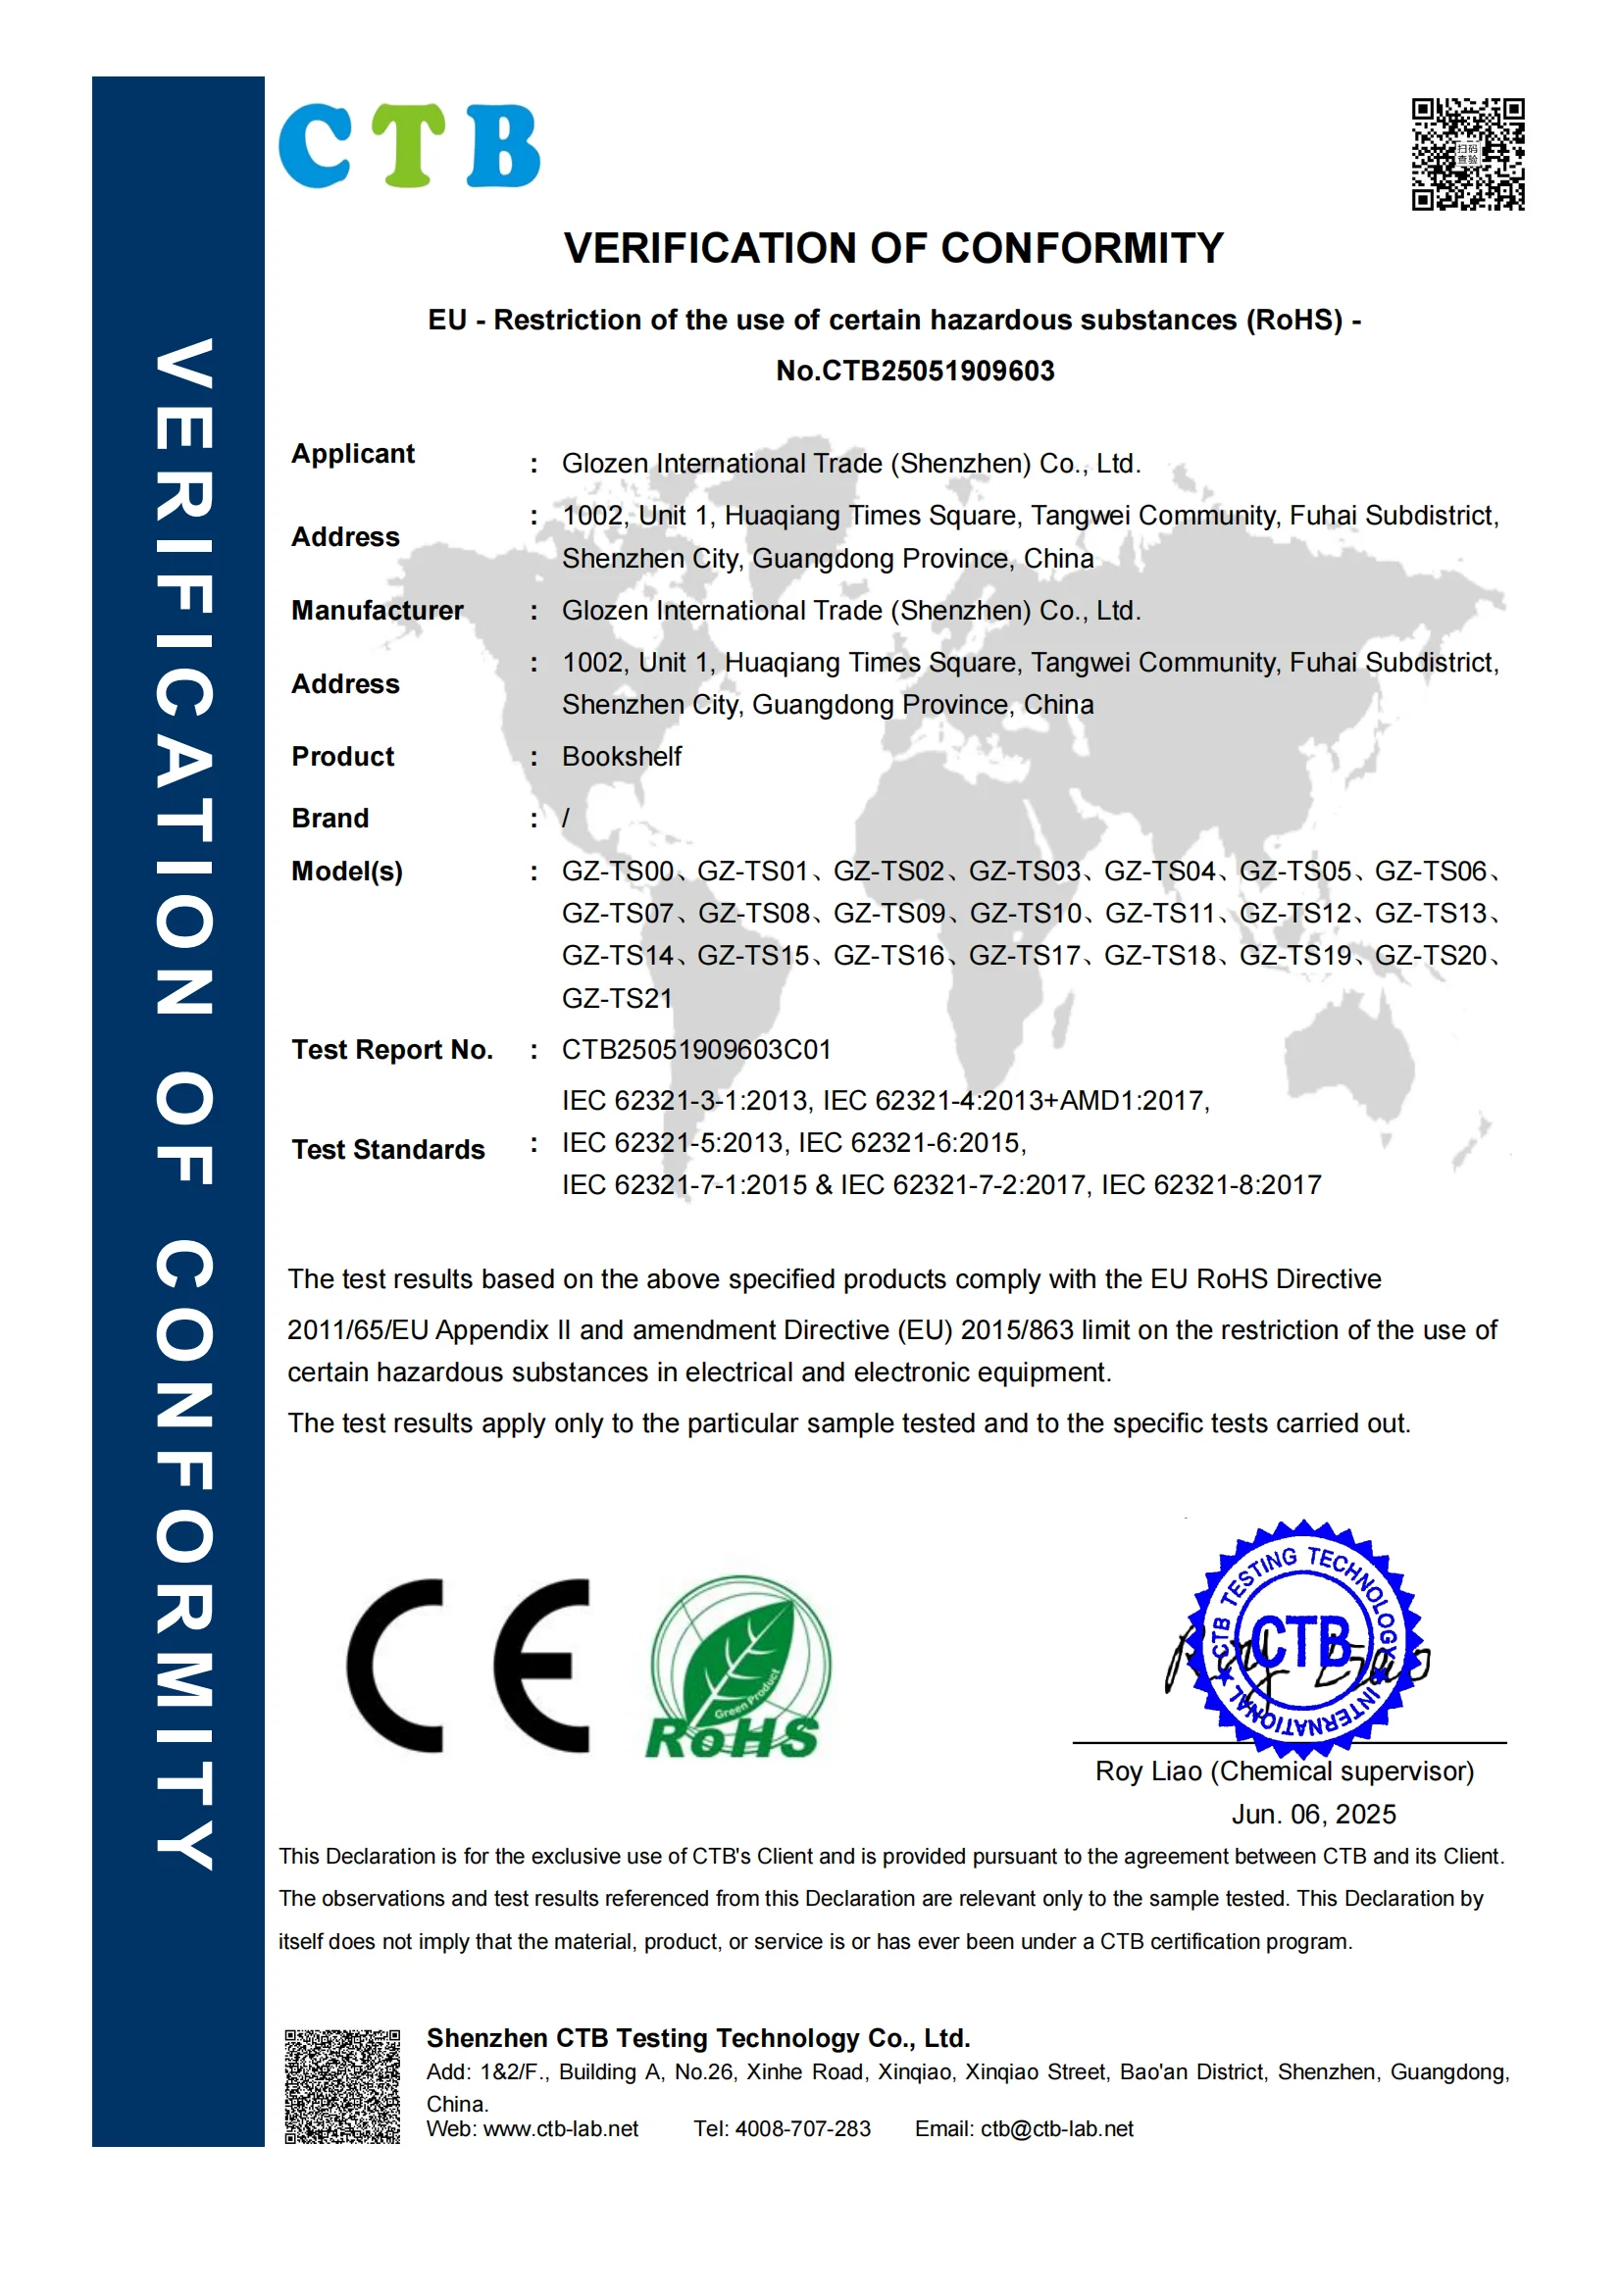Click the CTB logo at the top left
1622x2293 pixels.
click(x=409, y=146)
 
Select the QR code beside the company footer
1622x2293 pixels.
click(x=341, y=2086)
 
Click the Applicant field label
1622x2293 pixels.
click(x=353, y=454)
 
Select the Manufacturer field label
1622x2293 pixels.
click(x=377, y=610)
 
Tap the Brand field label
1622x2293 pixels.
click(x=329, y=818)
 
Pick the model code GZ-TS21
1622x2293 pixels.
click(x=616, y=999)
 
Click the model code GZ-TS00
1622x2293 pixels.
click(x=616, y=872)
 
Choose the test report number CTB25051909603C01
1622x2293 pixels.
click(x=696, y=1050)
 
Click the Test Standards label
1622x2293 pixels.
click(x=387, y=1150)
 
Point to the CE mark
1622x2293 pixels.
click(x=469, y=1666)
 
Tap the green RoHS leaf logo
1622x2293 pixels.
click(x=739, y=1666)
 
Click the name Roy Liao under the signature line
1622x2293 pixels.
click(x=1147, y=1771)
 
